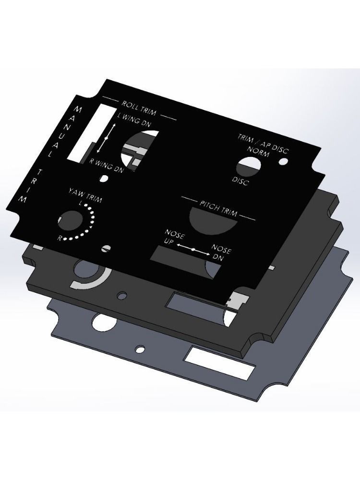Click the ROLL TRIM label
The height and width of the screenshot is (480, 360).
click(139, 108)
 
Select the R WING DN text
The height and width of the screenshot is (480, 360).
click(106, 165)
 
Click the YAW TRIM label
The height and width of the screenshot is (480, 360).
click(85, 196)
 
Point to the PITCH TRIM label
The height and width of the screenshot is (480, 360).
click(218, 208)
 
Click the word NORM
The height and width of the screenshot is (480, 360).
click(258, 151)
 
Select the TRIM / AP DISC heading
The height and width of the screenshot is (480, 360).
click(263, 143)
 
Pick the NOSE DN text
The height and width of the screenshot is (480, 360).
click(221, 253)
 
